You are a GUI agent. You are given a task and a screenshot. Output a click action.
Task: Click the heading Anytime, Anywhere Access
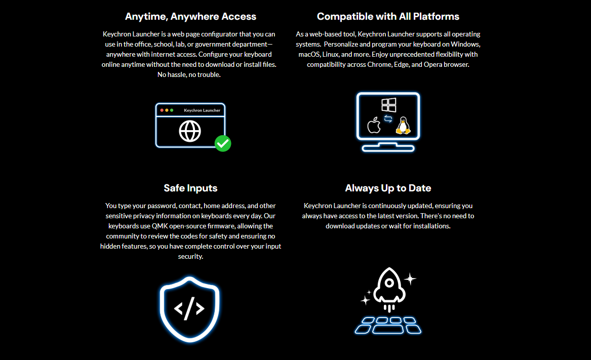(x=190, y=16)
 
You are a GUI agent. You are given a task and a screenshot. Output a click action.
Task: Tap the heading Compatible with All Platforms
(x=388, y=16)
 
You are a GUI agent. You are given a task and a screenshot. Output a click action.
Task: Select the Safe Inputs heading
(x=190, y=188)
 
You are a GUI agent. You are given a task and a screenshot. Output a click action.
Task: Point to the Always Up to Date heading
(x=388, y=188)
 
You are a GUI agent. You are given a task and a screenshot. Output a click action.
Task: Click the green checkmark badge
(x=223, y=143)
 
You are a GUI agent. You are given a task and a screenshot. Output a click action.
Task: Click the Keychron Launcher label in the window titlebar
(x=202, y=110)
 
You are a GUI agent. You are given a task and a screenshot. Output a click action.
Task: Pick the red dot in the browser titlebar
(x=162, y=110)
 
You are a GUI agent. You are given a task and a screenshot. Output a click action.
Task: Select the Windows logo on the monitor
(x=388, y=105)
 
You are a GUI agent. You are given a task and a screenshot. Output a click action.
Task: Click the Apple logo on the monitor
(x=374, y=125)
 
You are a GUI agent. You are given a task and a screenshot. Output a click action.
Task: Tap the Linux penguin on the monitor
(x=403, y=126)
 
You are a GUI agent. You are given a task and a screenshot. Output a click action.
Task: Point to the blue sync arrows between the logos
(x=388, y=119)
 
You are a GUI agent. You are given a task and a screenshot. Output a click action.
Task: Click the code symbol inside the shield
(x=189, y=308)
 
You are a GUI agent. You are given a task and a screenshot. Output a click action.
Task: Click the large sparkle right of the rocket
(x=410, y=278)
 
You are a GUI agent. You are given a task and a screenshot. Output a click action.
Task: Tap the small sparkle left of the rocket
(x=365, y=300)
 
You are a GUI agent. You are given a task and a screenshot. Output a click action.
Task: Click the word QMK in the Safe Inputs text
(x=160, y=226)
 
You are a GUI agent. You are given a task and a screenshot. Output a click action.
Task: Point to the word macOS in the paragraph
(x=308, y=54)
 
